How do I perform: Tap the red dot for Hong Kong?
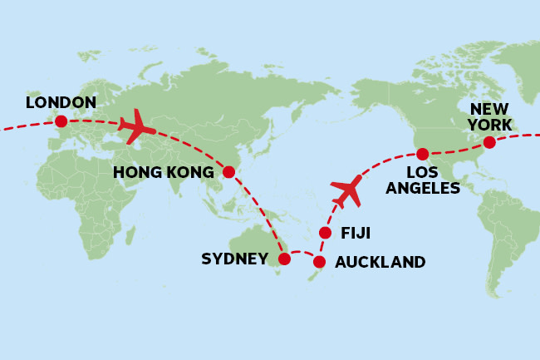pos(228,172)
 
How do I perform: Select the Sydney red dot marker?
pos(284,259)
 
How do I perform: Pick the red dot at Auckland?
pos(319,262)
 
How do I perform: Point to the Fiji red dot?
pos(325,232)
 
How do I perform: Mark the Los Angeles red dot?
pos(422,154)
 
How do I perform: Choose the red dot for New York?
pos(489,142)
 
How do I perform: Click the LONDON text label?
pos(61,102)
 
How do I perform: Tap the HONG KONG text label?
pos(164,173)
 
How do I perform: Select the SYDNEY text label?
pos(234,259)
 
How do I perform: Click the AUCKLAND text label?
pos(380,263)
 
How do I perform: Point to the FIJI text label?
pos(356,233)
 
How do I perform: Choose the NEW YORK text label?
pos(490,117)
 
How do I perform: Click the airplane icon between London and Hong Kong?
pos(137,127)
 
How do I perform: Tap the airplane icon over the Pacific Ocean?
pos(347,191)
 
